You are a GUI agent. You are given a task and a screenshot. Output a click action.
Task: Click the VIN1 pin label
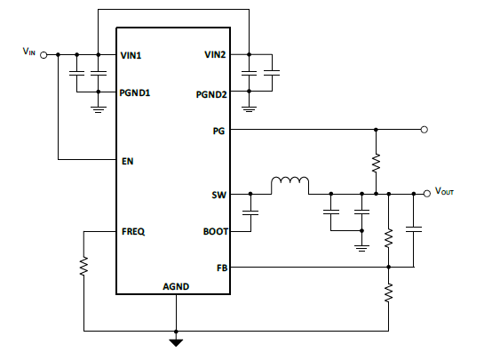132,54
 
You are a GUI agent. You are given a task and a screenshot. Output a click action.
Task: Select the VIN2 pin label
216,54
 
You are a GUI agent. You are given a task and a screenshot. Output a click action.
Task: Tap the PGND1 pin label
137,92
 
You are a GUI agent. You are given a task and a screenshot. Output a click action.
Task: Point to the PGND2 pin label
212,92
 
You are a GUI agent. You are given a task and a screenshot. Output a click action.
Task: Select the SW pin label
220,193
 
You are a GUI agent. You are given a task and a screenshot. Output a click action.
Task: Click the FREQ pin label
134,231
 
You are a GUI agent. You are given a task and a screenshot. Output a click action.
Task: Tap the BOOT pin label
216,231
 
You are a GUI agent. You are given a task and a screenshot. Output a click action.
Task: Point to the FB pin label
222,266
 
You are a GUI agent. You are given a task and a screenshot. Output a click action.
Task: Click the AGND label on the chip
176,286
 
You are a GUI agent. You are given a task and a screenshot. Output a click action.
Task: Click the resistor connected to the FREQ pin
83,266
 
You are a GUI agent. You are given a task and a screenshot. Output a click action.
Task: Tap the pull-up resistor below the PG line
376,163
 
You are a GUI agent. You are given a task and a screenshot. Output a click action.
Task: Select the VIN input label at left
30,52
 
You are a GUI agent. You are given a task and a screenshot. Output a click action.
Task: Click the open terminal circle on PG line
425,130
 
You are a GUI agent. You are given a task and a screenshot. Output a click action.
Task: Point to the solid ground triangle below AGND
176,340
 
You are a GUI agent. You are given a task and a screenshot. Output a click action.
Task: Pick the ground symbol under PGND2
250,108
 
